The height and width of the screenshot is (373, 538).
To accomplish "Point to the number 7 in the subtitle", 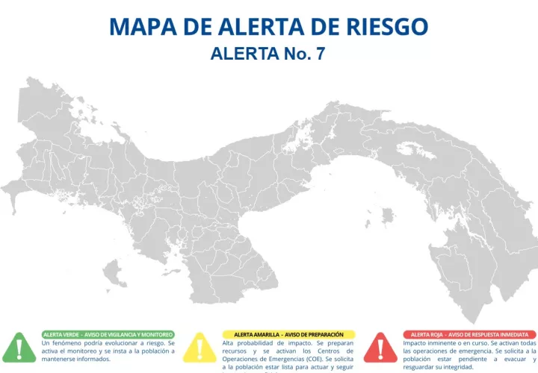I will click(x=320, y=54).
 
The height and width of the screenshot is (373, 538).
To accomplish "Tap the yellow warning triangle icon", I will click(x=200, y=348).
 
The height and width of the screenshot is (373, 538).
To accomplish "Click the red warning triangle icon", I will click(x=381, y=348).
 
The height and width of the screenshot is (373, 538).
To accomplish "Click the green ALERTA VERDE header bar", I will click(x=108, y=334).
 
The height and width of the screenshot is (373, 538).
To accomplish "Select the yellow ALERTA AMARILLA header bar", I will click(x=288, y=334).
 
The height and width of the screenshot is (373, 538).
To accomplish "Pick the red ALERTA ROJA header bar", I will click(x=469, y=334).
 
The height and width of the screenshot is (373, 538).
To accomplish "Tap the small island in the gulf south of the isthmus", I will click(x=387, y=217).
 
